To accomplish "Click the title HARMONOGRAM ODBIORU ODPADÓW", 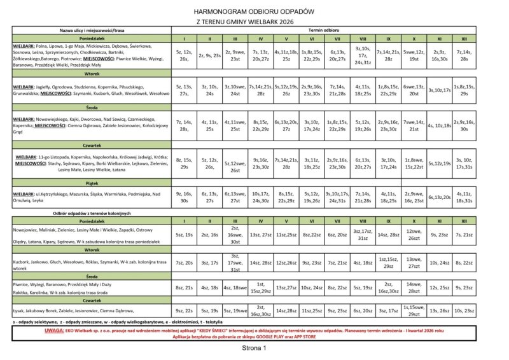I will click(254, 11).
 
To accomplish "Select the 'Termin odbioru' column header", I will click(324, 30).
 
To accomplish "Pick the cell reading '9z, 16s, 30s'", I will click(183, 197).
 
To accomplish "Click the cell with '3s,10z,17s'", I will click(439, 90).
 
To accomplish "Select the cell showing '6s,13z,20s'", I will click(439, 197).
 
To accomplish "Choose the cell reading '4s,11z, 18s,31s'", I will click(464, 197).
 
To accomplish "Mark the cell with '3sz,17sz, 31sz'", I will click(362, 234).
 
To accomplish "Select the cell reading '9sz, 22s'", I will click(183, 310).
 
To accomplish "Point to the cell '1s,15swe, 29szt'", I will click(414, 310).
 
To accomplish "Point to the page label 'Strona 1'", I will click(254, 349).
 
